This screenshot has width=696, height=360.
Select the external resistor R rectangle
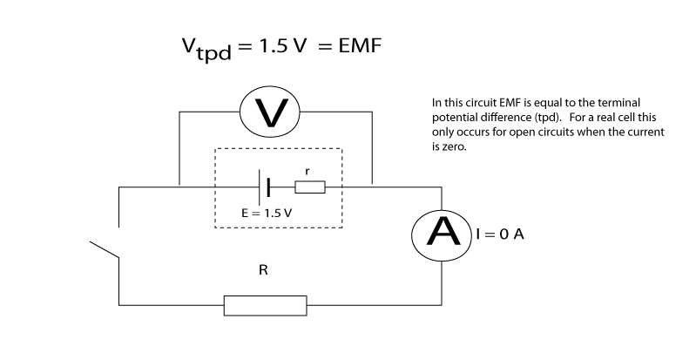point(265,305)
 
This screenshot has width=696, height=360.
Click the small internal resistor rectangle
point(309,187)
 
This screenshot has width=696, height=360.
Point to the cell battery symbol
point(264,187)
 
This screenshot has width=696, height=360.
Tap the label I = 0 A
point(499,234)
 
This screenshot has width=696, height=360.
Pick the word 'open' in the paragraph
point(513,132)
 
